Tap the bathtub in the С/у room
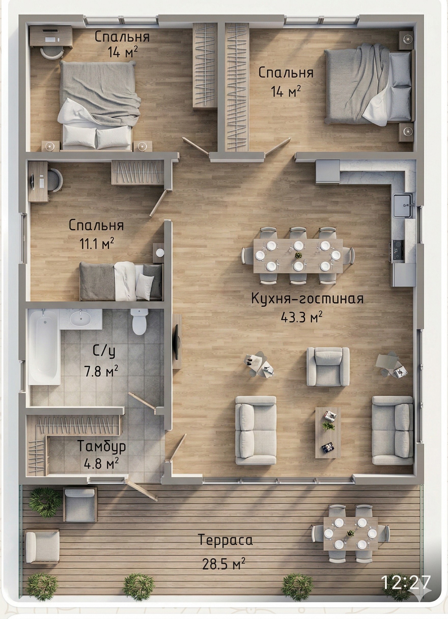pos(44,347)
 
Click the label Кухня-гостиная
pos(307,299)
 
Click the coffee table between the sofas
pos(328,433)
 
